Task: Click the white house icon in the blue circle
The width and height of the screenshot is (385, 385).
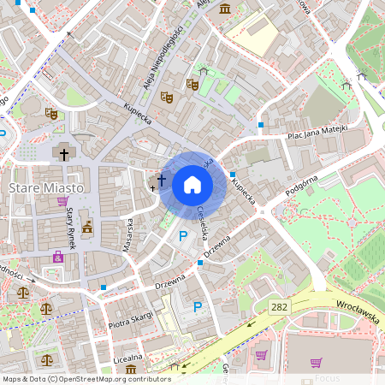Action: pos(192,185)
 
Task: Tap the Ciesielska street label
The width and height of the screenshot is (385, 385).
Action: pos(204,222)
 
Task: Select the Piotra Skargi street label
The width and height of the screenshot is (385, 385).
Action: pos(130,320)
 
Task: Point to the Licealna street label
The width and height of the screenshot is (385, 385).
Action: pos(128,355)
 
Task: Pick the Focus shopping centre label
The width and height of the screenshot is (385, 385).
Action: pos(327,377)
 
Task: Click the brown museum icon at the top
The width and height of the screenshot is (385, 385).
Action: pos(224,9)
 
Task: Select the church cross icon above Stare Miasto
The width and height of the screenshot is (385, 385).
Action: pos(62,154)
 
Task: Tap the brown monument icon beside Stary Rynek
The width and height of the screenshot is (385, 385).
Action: pos(86,227)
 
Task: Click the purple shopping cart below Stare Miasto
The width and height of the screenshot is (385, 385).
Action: pos(62,203)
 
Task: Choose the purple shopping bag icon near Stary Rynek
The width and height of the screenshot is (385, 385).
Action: pos(58,257)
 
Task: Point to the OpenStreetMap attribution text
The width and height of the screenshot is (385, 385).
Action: pos(86,378)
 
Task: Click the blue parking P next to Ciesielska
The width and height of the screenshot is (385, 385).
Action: pos(182,235)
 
